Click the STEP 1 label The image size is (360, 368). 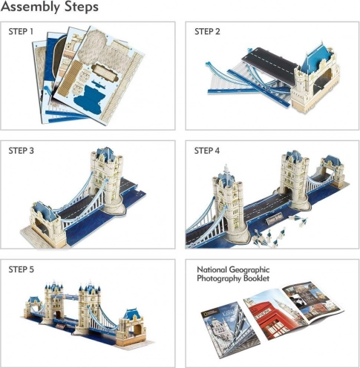21,32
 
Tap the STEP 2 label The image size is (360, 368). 207,32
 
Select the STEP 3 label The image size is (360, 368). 21,151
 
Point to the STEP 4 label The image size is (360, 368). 207,151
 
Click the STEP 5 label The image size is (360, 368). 21,269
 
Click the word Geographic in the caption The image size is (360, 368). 249,269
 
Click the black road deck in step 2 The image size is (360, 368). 269,62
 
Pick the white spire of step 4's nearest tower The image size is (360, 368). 226,169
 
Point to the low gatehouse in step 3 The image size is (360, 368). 47,224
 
